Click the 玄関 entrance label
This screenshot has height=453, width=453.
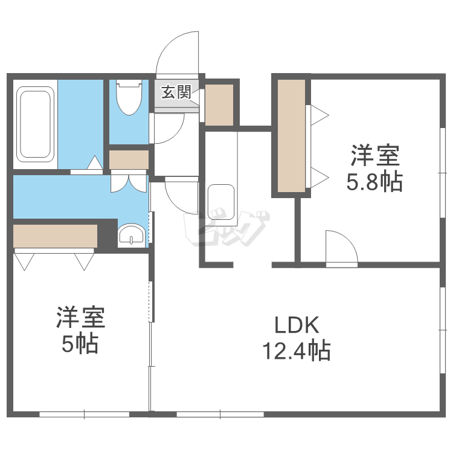coord(176,92)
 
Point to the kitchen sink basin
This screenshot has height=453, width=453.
coord(220,202)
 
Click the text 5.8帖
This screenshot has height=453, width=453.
coord(374,181)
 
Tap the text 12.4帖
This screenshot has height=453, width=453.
coord(295,350)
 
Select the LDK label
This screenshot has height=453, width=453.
coord(296,326)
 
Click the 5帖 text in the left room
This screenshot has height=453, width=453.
coord(80,344)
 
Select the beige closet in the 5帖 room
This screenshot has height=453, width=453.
coord(55,236)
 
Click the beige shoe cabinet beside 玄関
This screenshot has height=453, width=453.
coord(219,104)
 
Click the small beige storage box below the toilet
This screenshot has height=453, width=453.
coord(129,159)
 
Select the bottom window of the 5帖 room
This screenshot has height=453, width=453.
coord(85,414)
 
